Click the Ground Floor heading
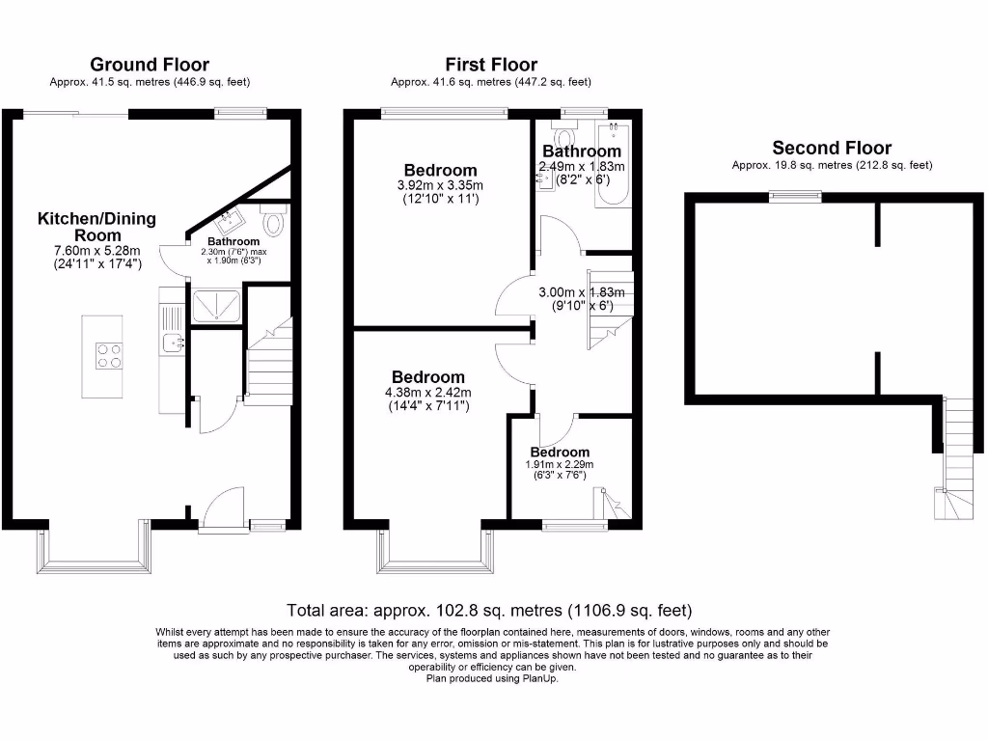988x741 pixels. pyautogui.click(x=150, y=65)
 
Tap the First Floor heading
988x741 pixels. pyautogui.click(x=491, y=65)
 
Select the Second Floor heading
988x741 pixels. pyautogui.click(x=832, y=148)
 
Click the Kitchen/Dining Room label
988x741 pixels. pyautogui.click(x=96, y=227)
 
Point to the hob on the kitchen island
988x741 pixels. pyautogui.click(x=108, y=356)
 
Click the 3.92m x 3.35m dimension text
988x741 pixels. pyautogui.click(x=440, y=185)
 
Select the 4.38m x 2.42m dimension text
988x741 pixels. pyautogui.click(x=427, y=393)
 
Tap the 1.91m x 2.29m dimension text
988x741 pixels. pyautogui.click(x=560, y=464)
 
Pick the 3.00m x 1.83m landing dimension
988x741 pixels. pyautogui.click(x=582, y=292)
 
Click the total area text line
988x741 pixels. pyautogui.click(x=489, y=610)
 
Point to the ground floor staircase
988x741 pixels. pyautogui.click(x=269, y=363)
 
